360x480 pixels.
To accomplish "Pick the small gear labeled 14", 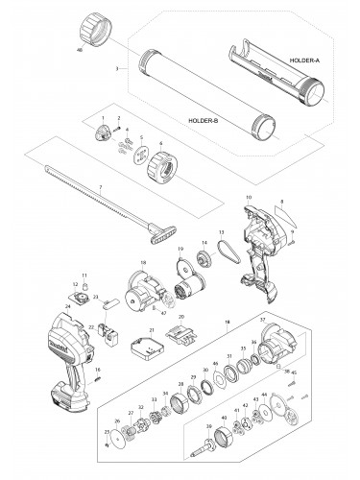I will (x=204, y=256).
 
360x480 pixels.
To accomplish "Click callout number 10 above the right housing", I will (x=249, y=196).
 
